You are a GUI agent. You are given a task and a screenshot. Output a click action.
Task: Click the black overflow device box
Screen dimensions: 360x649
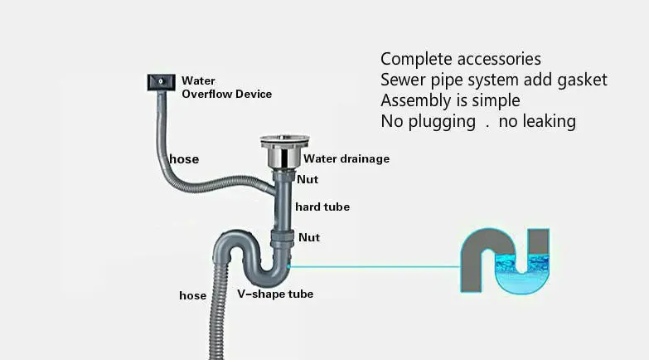tap(160, 81)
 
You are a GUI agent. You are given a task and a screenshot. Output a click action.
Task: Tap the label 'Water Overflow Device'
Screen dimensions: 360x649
tap(226, 87)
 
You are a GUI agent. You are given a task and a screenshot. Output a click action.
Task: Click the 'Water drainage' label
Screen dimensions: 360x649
tap(346, 158)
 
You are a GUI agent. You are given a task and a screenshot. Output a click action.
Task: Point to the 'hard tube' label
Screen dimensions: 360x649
tap(322, 207)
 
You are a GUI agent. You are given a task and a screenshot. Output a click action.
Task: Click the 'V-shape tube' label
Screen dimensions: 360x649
tap(275, 294)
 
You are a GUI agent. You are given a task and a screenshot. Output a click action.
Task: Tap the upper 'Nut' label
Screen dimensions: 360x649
tap(308, 178)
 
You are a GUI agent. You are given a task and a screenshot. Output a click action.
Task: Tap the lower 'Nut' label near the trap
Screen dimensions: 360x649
tap(308, 237)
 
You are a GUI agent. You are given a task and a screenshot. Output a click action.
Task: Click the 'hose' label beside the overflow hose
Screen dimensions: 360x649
tap(183, 159)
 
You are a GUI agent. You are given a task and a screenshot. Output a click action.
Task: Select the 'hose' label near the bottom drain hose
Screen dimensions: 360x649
tap(192, 295)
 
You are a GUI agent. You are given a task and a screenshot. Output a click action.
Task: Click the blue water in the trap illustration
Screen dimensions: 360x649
tap(524, 270)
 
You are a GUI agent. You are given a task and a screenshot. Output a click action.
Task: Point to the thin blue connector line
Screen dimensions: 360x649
tap(373, 267)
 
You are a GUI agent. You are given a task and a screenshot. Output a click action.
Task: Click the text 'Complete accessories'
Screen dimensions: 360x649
tap(460, 59)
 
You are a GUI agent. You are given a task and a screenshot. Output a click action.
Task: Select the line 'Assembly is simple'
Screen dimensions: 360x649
tap(450, 100)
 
